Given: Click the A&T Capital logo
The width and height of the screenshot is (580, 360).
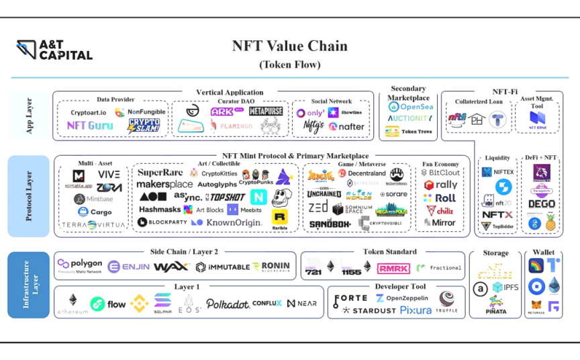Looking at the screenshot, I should point(54,50).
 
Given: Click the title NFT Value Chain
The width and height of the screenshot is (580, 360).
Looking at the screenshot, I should point(290,46).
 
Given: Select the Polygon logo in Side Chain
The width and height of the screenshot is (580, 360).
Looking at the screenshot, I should point(80,265).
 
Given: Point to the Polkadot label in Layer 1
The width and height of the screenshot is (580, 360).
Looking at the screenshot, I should point(228,304).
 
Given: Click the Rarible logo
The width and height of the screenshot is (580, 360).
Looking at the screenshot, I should point(280,218).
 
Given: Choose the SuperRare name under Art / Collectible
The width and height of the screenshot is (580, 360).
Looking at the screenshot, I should point(160,173).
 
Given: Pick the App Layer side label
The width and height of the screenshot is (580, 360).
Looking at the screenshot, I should point(29,116).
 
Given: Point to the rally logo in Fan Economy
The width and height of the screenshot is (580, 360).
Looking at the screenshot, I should point(440,185).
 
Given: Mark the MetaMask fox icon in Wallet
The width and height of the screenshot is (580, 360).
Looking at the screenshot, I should point(536,305).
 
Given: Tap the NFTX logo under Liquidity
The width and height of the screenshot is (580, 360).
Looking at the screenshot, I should point(497,215).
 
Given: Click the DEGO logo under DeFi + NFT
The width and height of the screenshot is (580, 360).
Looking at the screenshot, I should point(541,204).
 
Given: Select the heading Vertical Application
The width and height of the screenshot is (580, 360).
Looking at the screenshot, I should point(230,92).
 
